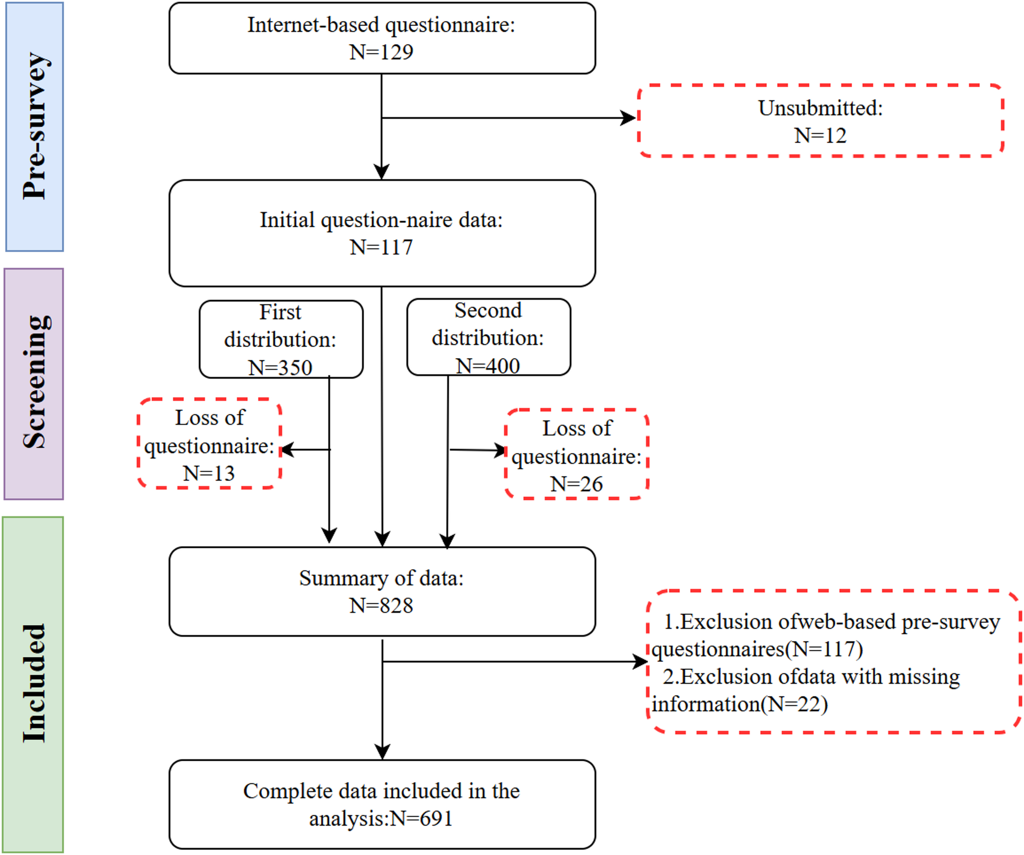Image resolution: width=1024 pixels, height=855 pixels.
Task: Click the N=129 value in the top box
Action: pos(381,52)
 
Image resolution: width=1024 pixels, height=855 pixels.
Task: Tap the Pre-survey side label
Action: pos(35,126)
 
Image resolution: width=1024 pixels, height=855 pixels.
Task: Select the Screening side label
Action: pos(35,383)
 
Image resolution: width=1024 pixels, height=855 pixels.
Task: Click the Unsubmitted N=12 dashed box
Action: pos(820,121)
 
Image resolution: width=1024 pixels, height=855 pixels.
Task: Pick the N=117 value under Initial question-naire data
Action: pos(381,248)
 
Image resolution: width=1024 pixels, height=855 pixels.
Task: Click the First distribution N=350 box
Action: pos(280,339)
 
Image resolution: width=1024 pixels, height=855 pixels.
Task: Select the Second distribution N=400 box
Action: pos(488,337)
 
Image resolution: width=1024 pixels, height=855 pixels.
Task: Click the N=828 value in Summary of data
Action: pos(381,606)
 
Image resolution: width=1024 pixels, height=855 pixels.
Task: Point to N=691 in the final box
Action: pos(421,818)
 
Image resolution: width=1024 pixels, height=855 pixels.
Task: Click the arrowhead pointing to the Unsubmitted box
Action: pos(629,118)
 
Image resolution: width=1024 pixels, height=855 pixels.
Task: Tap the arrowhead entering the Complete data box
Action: pos(382,751)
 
